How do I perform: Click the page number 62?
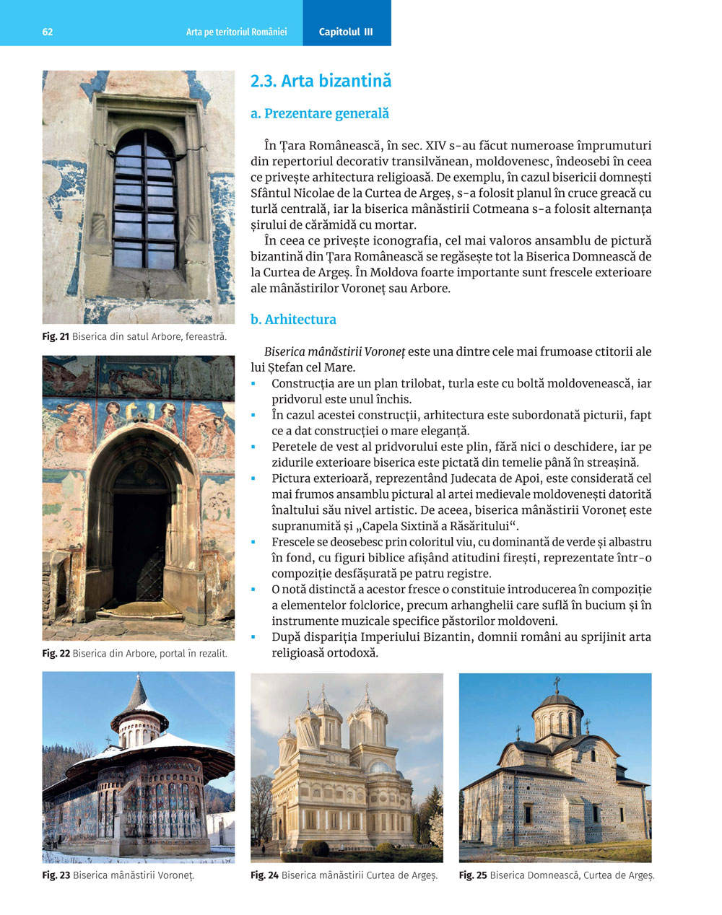coord(48,32)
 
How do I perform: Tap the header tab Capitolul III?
coord(346,32)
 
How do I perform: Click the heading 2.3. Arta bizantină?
coord(321,81)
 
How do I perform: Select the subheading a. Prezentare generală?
coord(319,113)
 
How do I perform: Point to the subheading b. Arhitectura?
coord(293,319)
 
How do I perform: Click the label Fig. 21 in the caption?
coord(56,336)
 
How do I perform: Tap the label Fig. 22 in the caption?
coord(56,653)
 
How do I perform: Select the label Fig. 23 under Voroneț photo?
coord(56,875)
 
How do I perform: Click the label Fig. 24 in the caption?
coord(264,875)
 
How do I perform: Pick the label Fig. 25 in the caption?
coord(473,875)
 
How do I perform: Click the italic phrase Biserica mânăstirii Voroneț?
coord(334,352)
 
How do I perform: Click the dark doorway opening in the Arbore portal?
coord(140,541)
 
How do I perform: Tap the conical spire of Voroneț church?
coord(137,693)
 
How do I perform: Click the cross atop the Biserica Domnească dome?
coord(556,683)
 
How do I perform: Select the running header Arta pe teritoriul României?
coord(236,32)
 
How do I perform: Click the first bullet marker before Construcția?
coord(253,384)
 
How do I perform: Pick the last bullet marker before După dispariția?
coord(253,637)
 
